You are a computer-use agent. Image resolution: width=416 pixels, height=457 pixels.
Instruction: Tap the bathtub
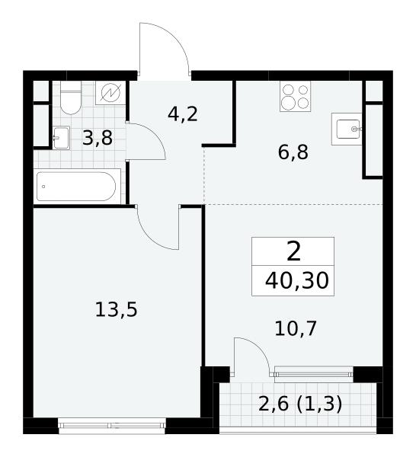pyautogui.click(x=77, y=187)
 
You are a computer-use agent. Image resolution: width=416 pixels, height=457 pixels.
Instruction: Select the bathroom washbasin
pyautogui.click(x=61, y=138)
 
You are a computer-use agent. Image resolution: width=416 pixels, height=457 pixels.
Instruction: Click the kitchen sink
pyautogui.click(x=347, y=129)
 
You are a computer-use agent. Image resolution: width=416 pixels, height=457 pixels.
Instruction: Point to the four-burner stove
pyautogui.click(x=295, y=96)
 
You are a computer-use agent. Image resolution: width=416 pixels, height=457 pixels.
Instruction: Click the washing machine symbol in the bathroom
pyautogui.click(x=110, y=93)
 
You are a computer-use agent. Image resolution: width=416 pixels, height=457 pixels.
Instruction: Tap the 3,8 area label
pyautogui.click(x=98, y=138)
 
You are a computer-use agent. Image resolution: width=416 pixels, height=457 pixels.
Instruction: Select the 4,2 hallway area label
pyautogui.click(x=183, y=114)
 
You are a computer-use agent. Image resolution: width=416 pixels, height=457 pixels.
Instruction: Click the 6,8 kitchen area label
pyautogui.click(x=293, y=152)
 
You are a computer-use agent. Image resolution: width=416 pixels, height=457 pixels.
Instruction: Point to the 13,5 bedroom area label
pyautogui.click(x=116, y=309)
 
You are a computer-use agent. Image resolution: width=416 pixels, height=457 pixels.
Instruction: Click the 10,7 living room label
pyautogui.click(x=296, y=328)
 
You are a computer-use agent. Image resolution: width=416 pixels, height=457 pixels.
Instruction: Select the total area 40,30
pyautogui.click(x=297, y=280)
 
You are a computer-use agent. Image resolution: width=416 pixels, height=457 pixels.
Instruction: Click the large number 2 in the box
pyautogui.click(x=293, y=252)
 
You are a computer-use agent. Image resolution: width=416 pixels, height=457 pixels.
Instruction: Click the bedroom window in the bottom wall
pyautogui.click(x=112, y=426)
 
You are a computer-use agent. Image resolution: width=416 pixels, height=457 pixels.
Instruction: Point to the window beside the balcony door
pyautogui.click(x=314, y=374)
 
